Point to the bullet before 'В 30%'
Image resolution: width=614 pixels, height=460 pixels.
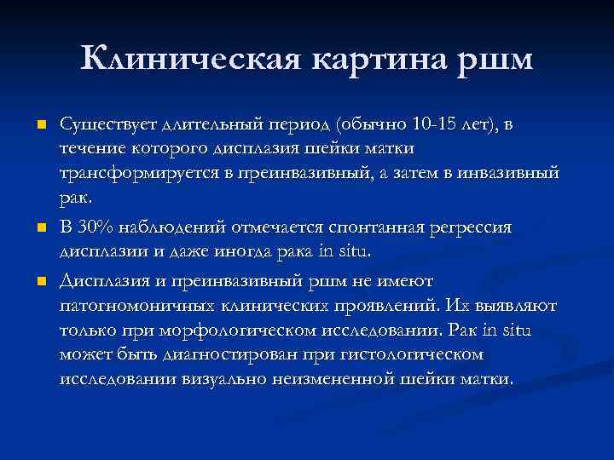[x=39, y=229]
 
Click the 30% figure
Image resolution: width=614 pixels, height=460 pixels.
[x=93, y=228]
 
